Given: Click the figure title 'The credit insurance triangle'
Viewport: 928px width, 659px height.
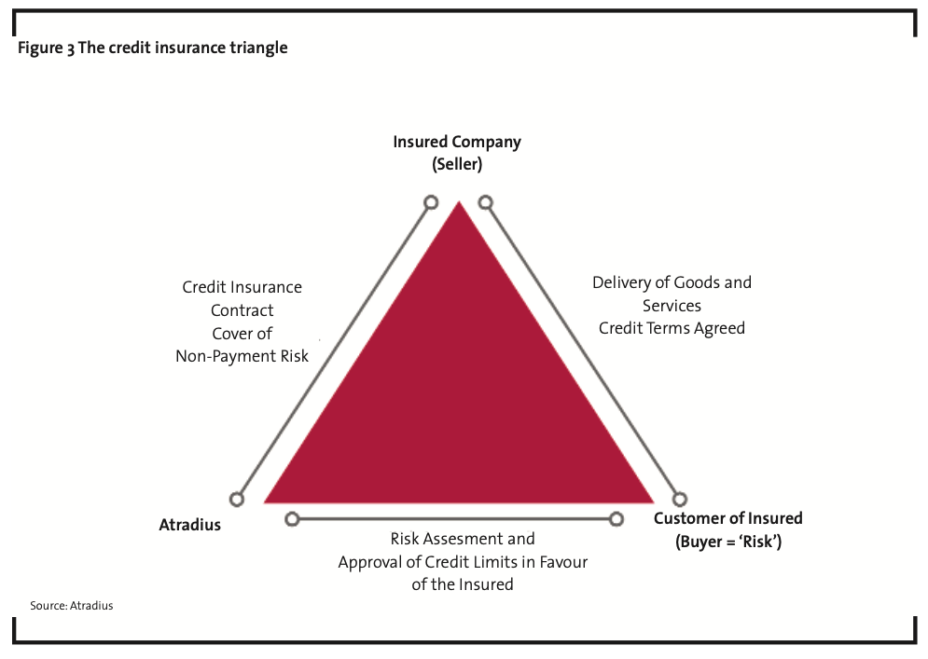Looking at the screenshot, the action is coord(183,48).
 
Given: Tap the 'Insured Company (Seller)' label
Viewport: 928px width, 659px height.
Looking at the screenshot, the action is coord(457,153).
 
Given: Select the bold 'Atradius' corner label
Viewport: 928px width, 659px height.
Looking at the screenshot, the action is coord(190,525).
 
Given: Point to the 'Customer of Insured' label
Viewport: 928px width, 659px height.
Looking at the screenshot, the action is coord(728,518).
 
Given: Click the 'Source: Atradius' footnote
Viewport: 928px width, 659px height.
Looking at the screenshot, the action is coord(72,606).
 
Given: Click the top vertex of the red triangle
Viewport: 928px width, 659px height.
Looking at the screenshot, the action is coord(459,202).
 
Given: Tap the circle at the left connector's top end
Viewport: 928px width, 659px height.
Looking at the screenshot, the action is coord(432,203).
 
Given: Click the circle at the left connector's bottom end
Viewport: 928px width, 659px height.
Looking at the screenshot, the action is coord(237,500).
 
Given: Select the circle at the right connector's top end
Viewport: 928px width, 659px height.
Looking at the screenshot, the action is coord(485,203).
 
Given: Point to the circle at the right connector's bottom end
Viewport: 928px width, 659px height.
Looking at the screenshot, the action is coord(679,500).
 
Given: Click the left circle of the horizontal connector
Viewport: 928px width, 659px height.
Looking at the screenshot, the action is coord(292,519).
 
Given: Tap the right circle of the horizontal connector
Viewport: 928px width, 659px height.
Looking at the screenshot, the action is coord(616,519).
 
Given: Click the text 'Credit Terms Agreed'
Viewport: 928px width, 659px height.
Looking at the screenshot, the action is coord(672,328).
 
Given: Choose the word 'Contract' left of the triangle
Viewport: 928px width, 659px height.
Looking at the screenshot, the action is coord(242,310).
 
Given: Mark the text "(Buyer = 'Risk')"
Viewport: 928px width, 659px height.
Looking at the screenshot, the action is coord(728,542).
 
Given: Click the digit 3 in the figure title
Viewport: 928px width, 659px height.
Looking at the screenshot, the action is coord(71,49).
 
